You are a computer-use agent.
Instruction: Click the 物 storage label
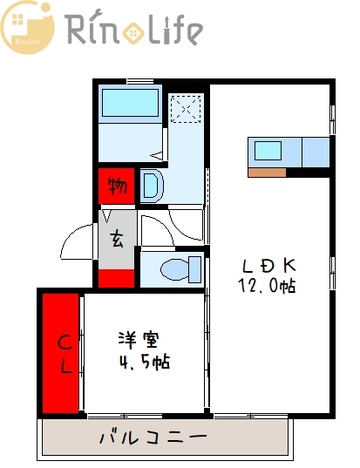click(x=117, y=186)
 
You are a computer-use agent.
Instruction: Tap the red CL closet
click(x=62, y=353)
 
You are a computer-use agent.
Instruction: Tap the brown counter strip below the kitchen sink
click(x=267, y=172)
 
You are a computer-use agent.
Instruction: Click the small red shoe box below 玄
click(x=117, y=279)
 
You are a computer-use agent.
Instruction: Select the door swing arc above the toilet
click(x=183, y=228)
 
